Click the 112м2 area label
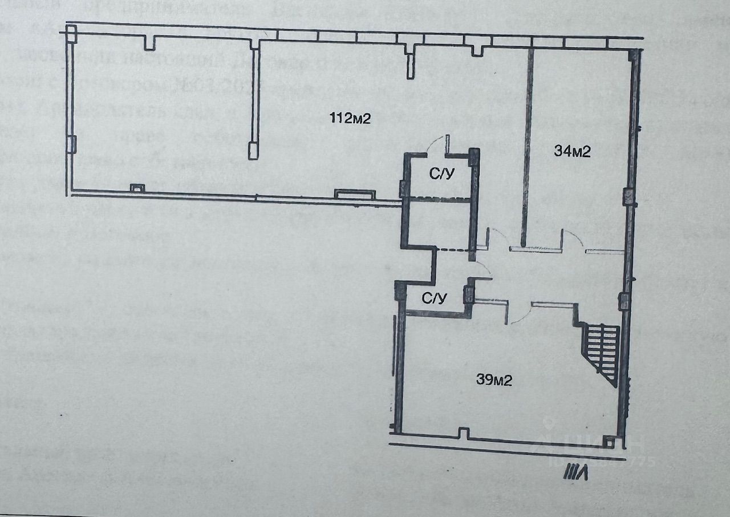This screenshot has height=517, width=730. pos(350,119)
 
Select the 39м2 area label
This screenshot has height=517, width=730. pos(494,380)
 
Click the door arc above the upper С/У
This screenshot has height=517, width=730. pos(437,143)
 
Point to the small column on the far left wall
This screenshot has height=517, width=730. pos(71,144)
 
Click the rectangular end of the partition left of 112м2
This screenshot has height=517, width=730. pos(253,150)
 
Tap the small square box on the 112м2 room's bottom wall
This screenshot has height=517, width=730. pos(137,187)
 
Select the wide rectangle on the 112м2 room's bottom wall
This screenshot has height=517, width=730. pos(354,195)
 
